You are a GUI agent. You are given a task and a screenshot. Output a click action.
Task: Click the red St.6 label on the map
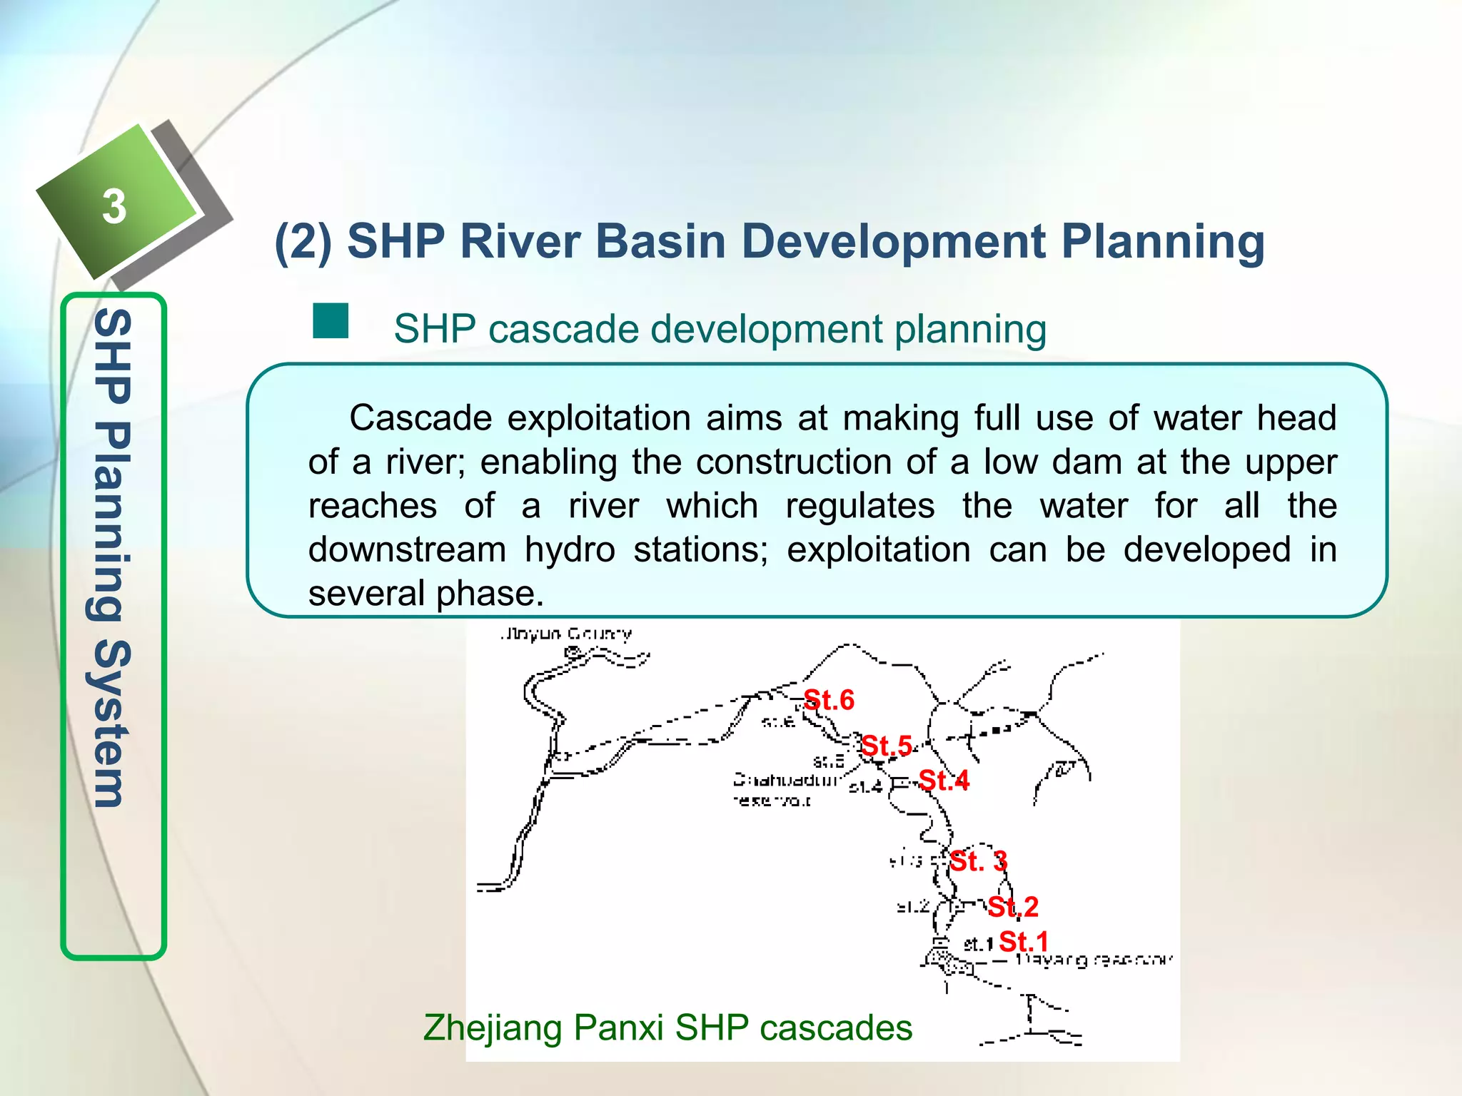(829, 700)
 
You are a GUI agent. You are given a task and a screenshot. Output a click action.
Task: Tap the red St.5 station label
(887, 746)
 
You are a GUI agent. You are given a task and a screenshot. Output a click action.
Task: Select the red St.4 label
(944, 781)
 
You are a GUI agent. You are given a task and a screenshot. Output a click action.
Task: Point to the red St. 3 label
(979, 861)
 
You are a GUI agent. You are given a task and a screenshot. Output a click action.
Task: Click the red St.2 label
(1013, 907)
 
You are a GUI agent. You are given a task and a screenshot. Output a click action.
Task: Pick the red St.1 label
(1024, 941)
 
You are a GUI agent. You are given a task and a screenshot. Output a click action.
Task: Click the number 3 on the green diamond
(114, 207)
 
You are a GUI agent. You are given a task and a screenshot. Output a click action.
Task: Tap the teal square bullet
(331, 321)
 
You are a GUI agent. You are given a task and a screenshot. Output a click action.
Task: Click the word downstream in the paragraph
(407, 550)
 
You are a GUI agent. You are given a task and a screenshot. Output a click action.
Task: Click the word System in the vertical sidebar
(112, 724)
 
